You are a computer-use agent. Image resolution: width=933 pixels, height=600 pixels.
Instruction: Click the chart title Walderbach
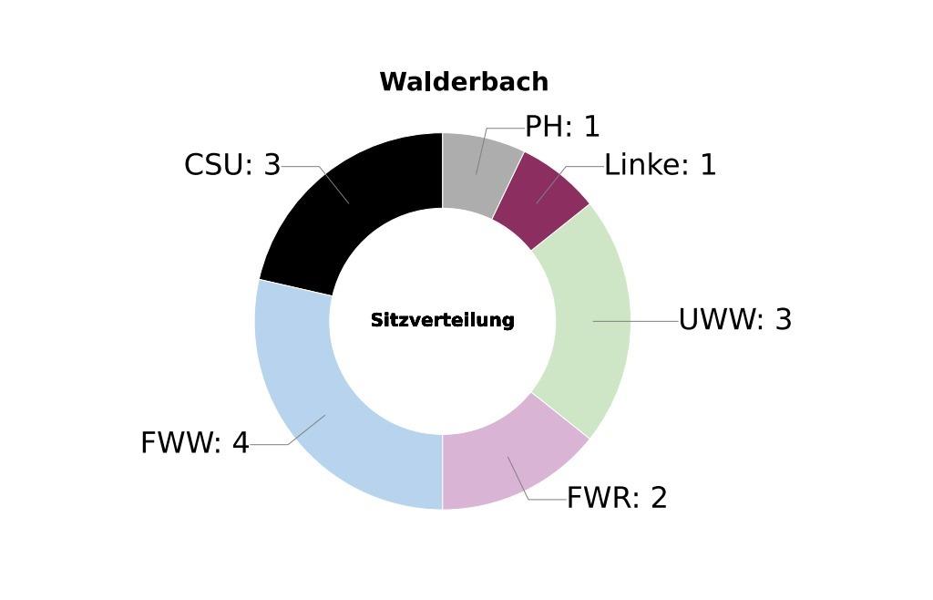click(464, 81)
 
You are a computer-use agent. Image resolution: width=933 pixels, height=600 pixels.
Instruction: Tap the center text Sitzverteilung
click(442, 320)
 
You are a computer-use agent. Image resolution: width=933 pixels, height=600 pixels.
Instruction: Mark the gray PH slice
click(479, 172)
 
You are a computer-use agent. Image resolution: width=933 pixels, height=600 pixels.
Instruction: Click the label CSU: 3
click(232, 165)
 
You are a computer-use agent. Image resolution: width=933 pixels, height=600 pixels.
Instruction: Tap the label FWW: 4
click(195, 443)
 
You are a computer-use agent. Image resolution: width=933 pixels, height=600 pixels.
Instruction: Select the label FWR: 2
click(617, 498)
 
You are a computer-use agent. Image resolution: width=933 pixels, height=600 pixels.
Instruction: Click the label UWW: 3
click(735, 320)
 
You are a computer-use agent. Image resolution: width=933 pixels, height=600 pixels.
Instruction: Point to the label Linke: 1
click(660, 165)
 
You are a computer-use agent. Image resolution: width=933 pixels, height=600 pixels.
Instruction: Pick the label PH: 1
click(562, 127)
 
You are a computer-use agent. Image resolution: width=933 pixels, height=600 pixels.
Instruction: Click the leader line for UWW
click(636, 321)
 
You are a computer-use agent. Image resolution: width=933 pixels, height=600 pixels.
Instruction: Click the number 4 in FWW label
click(241, 443)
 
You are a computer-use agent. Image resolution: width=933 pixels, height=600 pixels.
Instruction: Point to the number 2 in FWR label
click(660, 498)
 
